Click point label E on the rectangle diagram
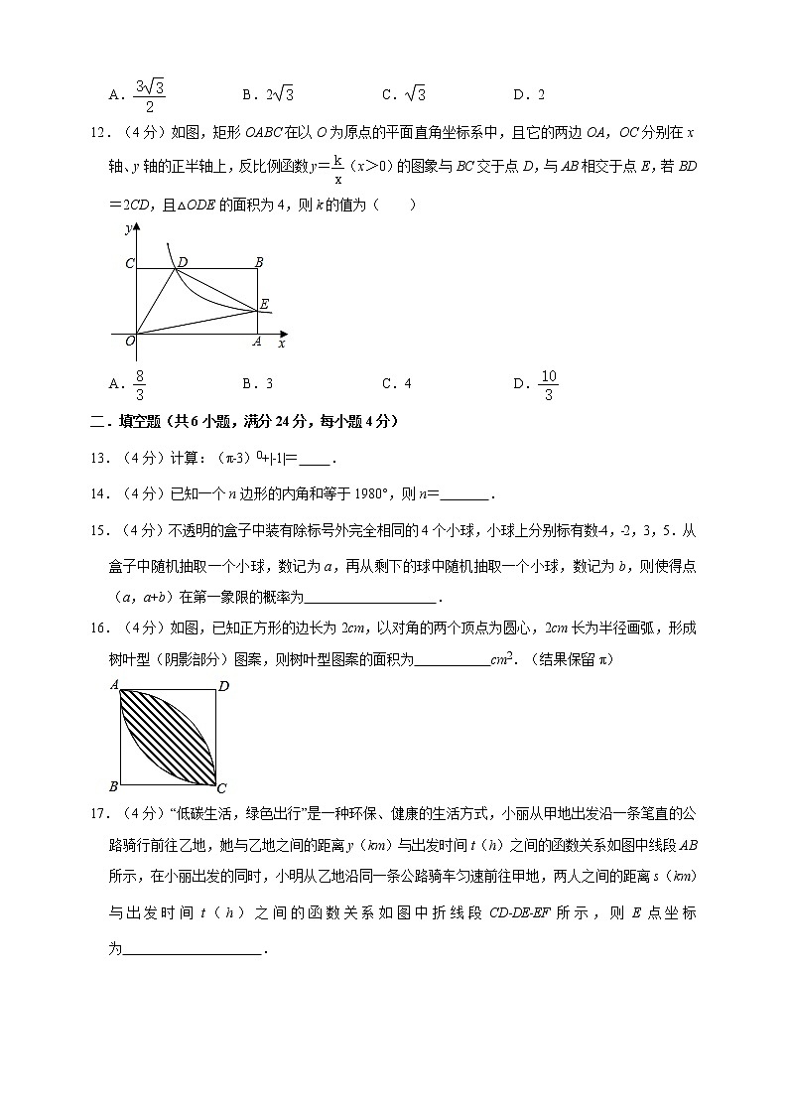click(x=264, y=304)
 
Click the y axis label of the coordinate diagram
click(x=129, y=228)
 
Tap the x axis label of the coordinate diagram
click(x=282, y=344)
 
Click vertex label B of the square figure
click(x=114, y=787)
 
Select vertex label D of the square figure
click(x=223, y=686)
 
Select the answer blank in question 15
click(x=370, y=597)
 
